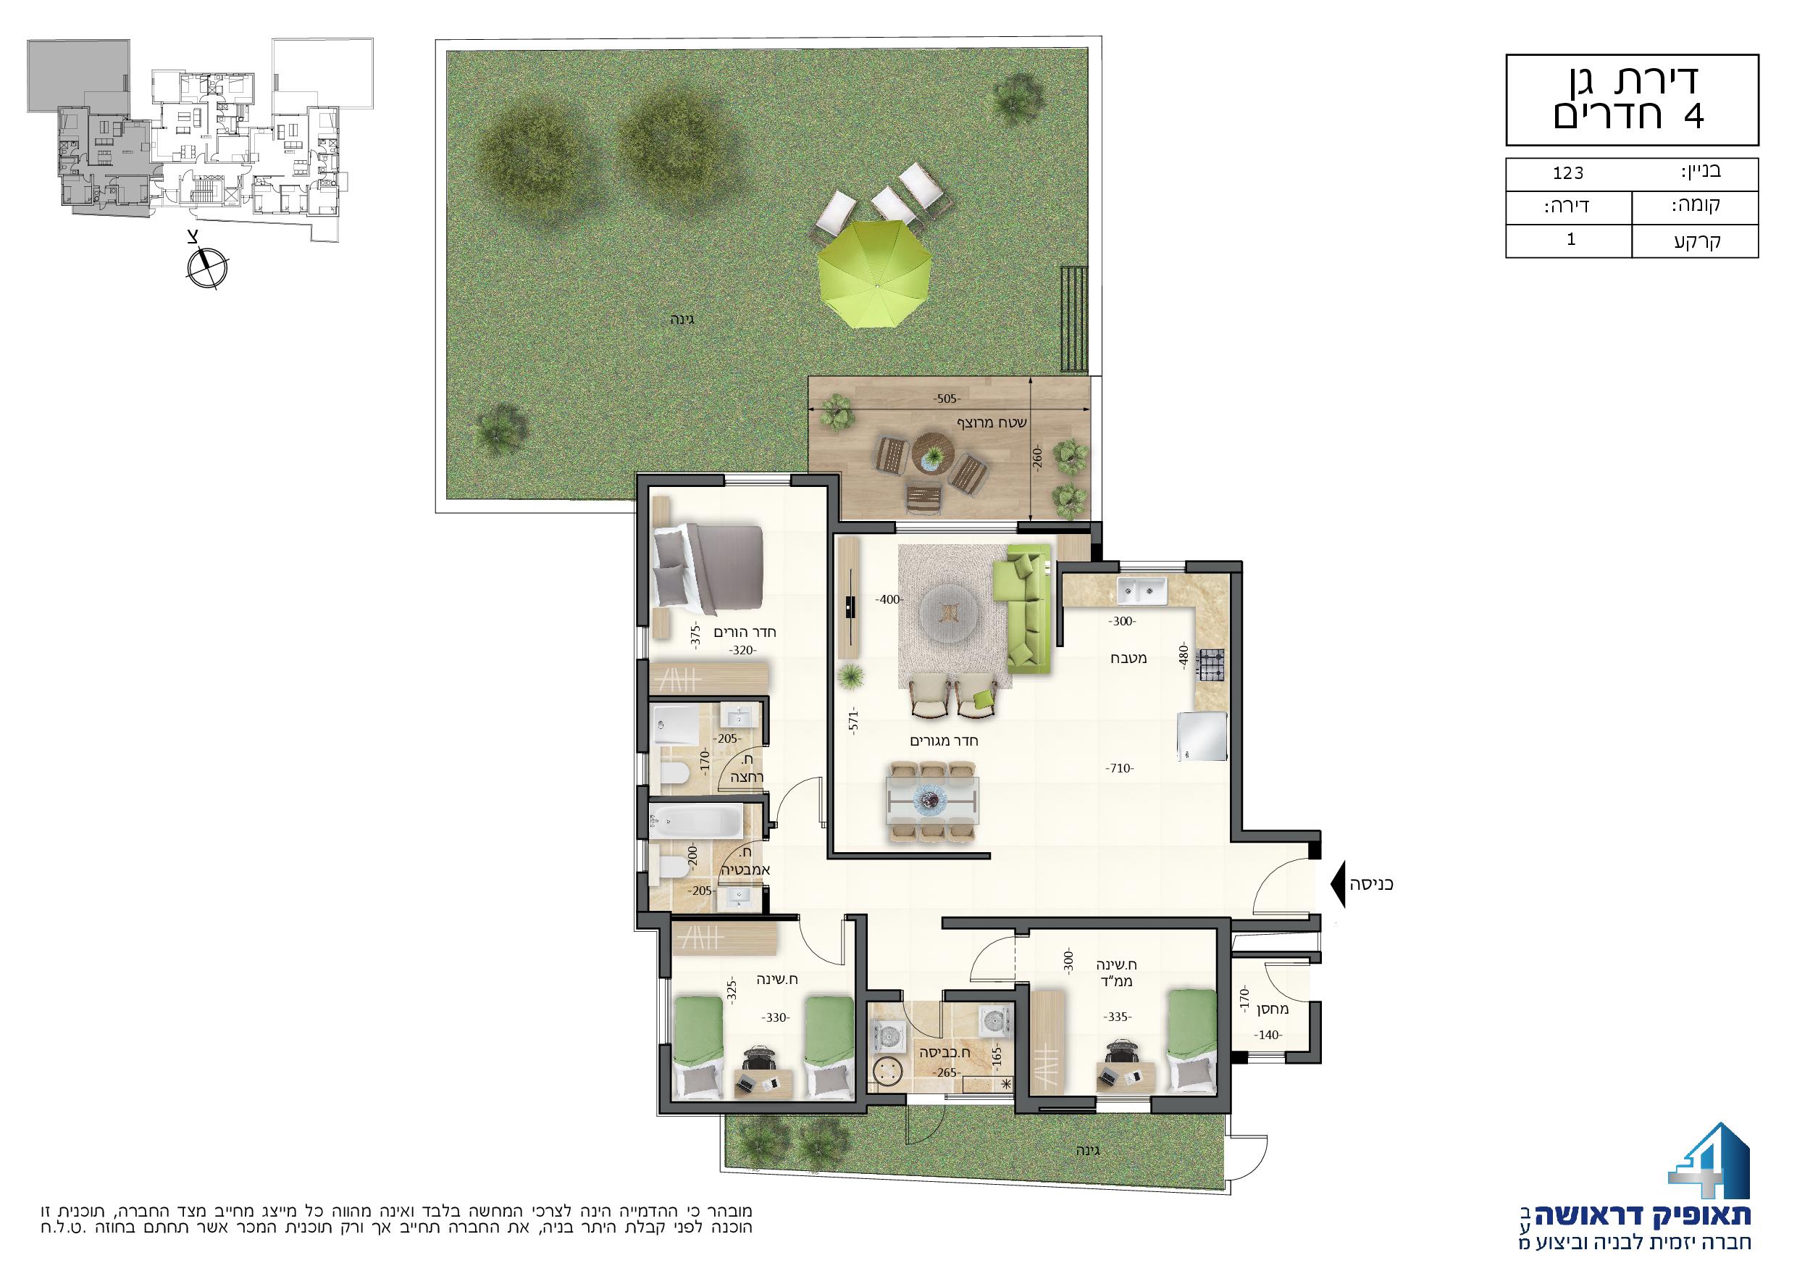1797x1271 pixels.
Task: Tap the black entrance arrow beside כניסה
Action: pos(1337,884)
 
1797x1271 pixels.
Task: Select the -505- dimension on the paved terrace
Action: pos(946,399)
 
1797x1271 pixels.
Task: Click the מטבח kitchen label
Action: pos(1128,658)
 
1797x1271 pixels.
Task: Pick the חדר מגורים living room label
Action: pos(944,740)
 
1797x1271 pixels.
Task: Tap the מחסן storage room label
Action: pos(1273,1009)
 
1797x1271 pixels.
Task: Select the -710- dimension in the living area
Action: pos(1120,768)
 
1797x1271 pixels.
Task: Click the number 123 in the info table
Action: pos(1568,194)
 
